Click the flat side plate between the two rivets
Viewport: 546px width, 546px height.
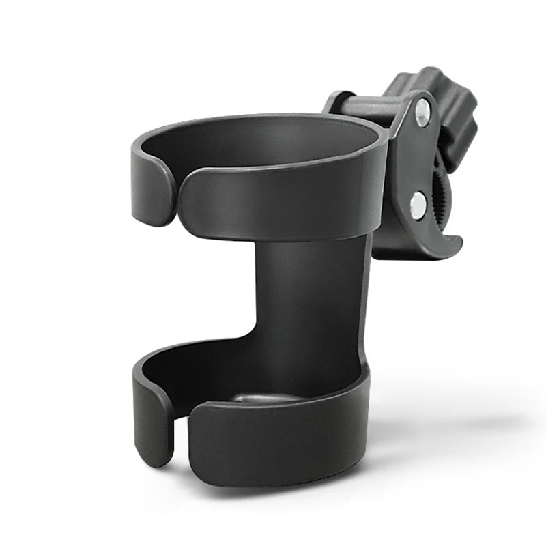[409, 160]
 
